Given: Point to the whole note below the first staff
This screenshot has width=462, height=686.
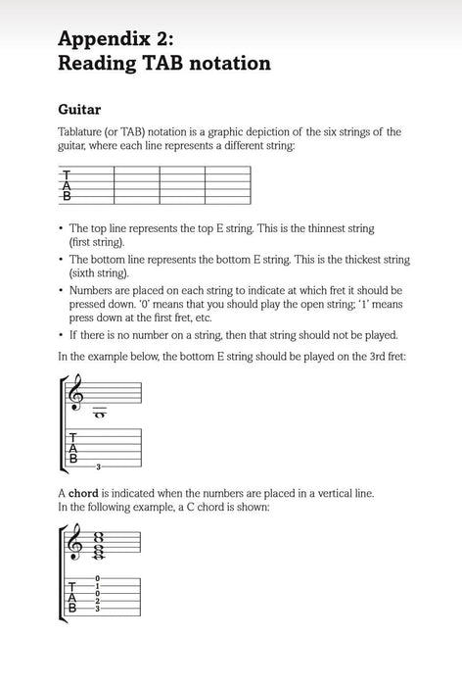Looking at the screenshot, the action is [99, 415].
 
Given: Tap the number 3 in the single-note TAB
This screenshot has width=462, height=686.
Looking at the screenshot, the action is [98, 465].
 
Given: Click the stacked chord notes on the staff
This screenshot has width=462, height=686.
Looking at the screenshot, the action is [98, 542].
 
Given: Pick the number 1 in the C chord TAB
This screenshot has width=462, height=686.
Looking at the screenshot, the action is [98, 586].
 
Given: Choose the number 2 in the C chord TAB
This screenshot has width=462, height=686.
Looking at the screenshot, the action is [98, 601].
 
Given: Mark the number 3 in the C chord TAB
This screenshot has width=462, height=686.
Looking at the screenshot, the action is [98, 609].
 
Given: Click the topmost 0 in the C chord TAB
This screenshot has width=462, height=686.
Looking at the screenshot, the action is [98, 578].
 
